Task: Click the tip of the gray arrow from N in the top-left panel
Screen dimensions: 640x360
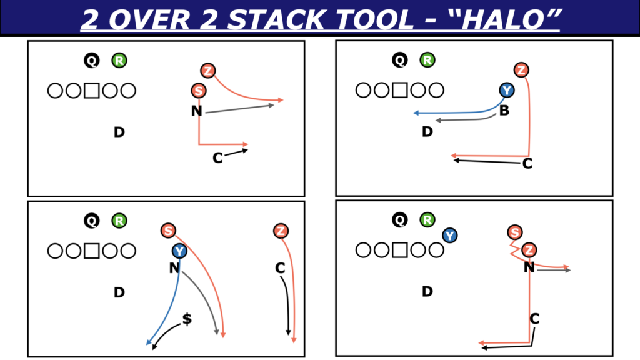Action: click(x=274, y=105)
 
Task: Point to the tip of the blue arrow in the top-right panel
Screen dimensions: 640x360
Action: click(x=414, y=113)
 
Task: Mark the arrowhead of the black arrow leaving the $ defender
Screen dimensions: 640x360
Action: click(x=153, y=349)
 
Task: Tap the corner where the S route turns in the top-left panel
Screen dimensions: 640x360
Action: click(x=199, y=144)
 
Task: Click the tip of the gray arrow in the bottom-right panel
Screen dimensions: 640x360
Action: click(x=571, y=270)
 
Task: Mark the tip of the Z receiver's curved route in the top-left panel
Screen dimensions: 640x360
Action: click(x=283, y=99)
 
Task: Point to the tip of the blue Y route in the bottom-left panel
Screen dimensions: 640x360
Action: click(x=147, y=345)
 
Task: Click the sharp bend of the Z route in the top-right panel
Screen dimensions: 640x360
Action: click(x=529, y=156)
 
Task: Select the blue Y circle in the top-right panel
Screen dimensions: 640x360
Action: click(x=506, y=90)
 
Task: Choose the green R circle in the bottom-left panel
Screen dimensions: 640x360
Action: click(x=119, y=221)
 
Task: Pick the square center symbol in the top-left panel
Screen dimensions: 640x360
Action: click(x=91, y=91)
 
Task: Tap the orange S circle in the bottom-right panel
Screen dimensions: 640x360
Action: click(x=515, y=232)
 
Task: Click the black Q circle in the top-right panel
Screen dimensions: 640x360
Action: click(x=399, y=60)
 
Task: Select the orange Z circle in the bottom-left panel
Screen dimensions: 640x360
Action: click(x=281, y=231)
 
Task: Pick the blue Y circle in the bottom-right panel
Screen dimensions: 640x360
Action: click(x=449, y=236)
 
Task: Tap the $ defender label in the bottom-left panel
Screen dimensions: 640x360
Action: click(x=187, y=319)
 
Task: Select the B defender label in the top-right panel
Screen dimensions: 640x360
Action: click(x=504, y=110)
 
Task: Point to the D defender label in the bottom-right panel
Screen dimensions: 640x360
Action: click(x=427, y=291)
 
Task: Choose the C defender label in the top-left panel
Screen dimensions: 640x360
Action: click(x=217, y=158)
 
